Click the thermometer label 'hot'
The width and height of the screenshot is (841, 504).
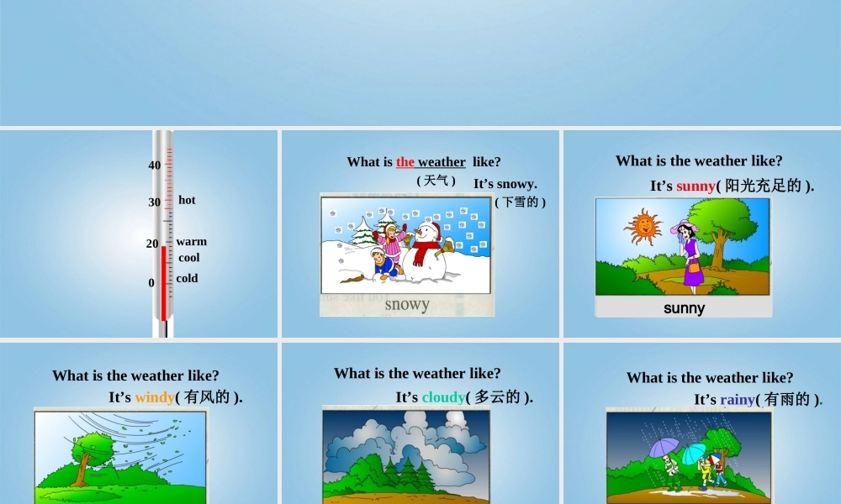[187, 200]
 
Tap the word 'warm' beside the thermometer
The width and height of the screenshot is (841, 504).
[191, 242]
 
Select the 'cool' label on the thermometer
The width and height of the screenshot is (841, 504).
[189, 258]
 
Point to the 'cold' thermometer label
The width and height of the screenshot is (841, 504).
[188, 278]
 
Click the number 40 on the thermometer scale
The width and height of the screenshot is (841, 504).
[155, 165]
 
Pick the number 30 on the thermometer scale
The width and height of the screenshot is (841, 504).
[155, 202]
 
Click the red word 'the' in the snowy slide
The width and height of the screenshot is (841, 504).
[405, 162]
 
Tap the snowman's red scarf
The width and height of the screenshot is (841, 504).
[426, 247]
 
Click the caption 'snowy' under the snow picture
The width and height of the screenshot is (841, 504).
[407, 304]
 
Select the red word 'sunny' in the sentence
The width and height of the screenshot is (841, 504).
[696, 186]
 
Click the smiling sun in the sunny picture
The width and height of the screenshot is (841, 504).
[643, 225]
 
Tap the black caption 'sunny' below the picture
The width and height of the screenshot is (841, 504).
[684, 308]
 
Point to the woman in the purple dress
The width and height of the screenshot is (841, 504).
[692, 252]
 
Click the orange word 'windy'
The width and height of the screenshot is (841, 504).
[155, 397]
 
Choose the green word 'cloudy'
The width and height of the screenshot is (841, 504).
[443, 397]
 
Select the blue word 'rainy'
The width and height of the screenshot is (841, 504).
[738, 400]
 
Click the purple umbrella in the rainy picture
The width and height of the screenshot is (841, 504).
[664, 446]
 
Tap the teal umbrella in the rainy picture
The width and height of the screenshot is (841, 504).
[692, 454]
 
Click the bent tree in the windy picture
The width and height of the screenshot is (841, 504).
[84, 458]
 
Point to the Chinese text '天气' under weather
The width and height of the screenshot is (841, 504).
[436, 181]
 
